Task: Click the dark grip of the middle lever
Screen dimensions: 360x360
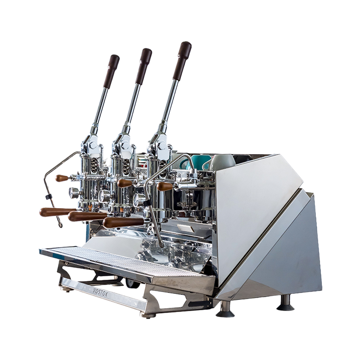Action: [x=144, y=66]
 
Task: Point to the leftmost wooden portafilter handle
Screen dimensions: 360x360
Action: [x=58, y=212]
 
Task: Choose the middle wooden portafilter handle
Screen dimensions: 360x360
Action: [x=88, y=216]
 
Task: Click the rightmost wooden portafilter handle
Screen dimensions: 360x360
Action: [x=123, y=223]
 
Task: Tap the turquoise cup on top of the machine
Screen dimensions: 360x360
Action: [x=198, y=162]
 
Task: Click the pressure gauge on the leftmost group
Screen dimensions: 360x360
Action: [x=74, y=193]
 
